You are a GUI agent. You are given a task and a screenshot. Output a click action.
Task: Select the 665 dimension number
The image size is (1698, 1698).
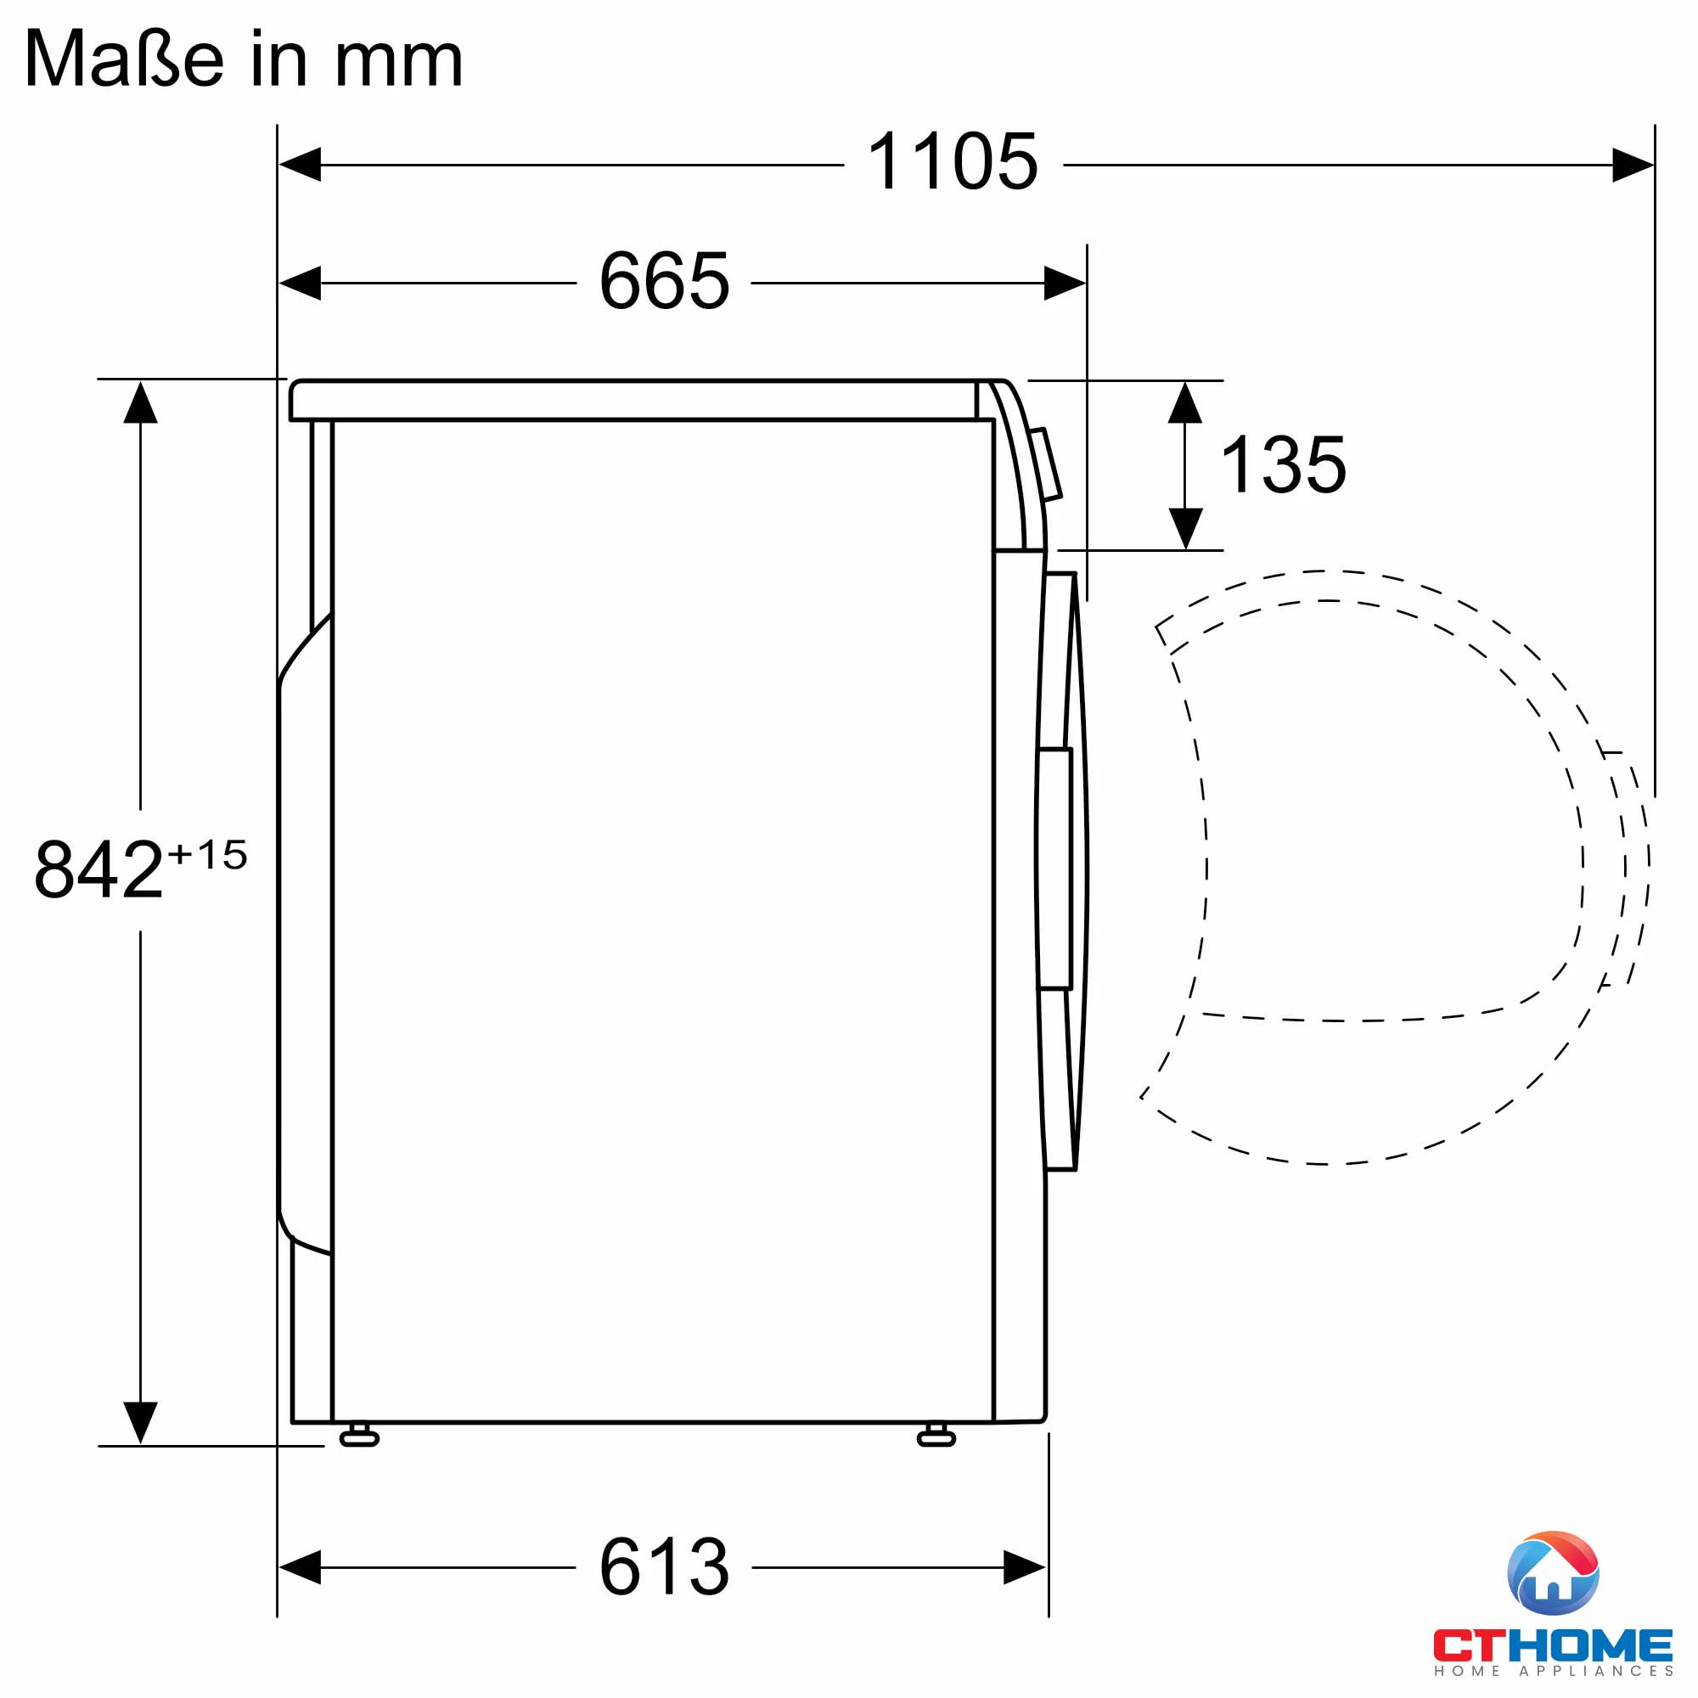(x=665, y=281)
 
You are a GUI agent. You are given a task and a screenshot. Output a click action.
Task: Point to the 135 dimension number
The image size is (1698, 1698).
(x=1283, y=465)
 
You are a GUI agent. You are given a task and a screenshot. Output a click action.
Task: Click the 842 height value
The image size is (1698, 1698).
(x=98, y=870)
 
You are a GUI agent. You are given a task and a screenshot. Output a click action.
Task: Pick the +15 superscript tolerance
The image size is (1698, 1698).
(x=208, y=855)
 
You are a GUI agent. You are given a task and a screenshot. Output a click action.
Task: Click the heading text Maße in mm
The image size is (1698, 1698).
(x=244, y=59)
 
